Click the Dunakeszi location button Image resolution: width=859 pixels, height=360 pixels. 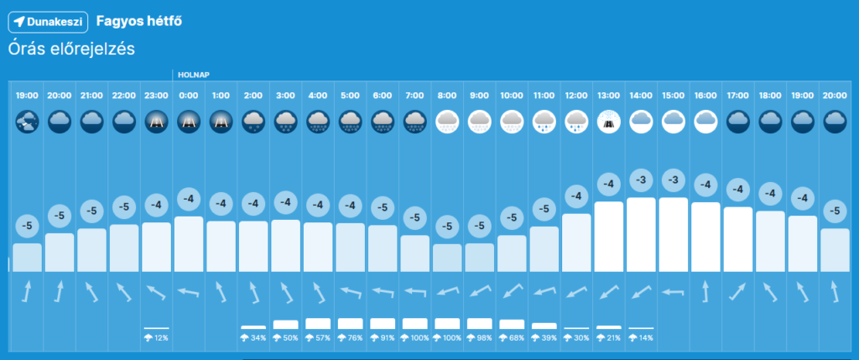click(x=49, y=20)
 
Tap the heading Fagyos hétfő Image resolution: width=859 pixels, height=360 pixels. click(x=138, y=20)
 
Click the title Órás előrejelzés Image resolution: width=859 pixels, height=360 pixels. click(x=71, y=49)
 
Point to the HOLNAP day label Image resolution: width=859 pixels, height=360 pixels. click(x=192, y=75)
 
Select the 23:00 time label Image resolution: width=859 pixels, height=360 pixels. click(x=156, y=97)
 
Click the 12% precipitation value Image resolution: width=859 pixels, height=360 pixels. click(x=156, y=337)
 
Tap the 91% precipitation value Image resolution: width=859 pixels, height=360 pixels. click(x=383, y=337)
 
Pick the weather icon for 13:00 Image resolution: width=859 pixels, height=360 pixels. click(x=608, y=123)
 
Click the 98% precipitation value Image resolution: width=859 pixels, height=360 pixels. click(x=479, y=337)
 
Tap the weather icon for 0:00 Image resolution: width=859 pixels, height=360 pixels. click(x=188, y=123)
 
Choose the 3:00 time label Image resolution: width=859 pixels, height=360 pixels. click(x=285, y=97)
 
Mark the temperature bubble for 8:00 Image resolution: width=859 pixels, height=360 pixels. click(x=447, y=226)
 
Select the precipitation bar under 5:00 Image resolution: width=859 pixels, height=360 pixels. click(x=350, y=323)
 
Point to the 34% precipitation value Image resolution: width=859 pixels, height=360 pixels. click(x=253, y=337)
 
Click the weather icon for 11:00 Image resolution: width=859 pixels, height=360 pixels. click(x=544, y=123)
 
